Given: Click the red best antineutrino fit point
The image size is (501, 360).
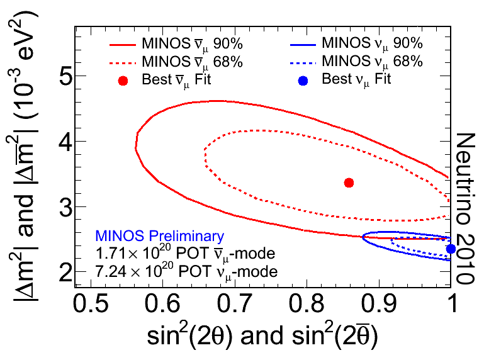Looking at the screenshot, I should [x=349, y=183].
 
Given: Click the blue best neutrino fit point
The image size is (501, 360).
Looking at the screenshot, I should [x=451, y=249].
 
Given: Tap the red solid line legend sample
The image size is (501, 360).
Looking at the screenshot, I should [x=123, y=45].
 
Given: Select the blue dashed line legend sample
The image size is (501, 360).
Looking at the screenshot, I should [x=303, y=62].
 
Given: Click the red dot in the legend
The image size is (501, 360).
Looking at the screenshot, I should [x=123, y=80].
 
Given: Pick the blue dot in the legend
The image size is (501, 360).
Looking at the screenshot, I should [x=303, y=80].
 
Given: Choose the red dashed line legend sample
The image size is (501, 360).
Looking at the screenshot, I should [x=123, y=62].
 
